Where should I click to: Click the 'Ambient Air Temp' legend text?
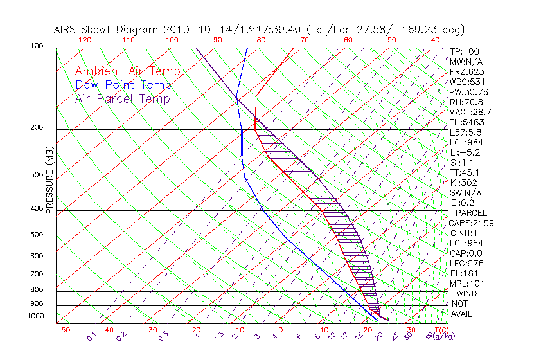tap(127, 71)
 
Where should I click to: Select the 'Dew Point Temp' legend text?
tap(123, 85)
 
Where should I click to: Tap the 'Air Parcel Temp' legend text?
tap(122, 98)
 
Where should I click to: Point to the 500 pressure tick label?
tap(36, 235)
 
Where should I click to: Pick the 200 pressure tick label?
tap(36, 128)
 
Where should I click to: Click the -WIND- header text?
tap(466, 293)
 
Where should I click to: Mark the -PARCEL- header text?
tap(471, 213)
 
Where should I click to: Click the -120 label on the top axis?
tap(82, 40)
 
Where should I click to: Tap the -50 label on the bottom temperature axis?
tap(63, 330)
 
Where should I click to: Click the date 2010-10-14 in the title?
tap(190, 30)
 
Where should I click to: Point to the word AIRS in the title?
tap(66, 30)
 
